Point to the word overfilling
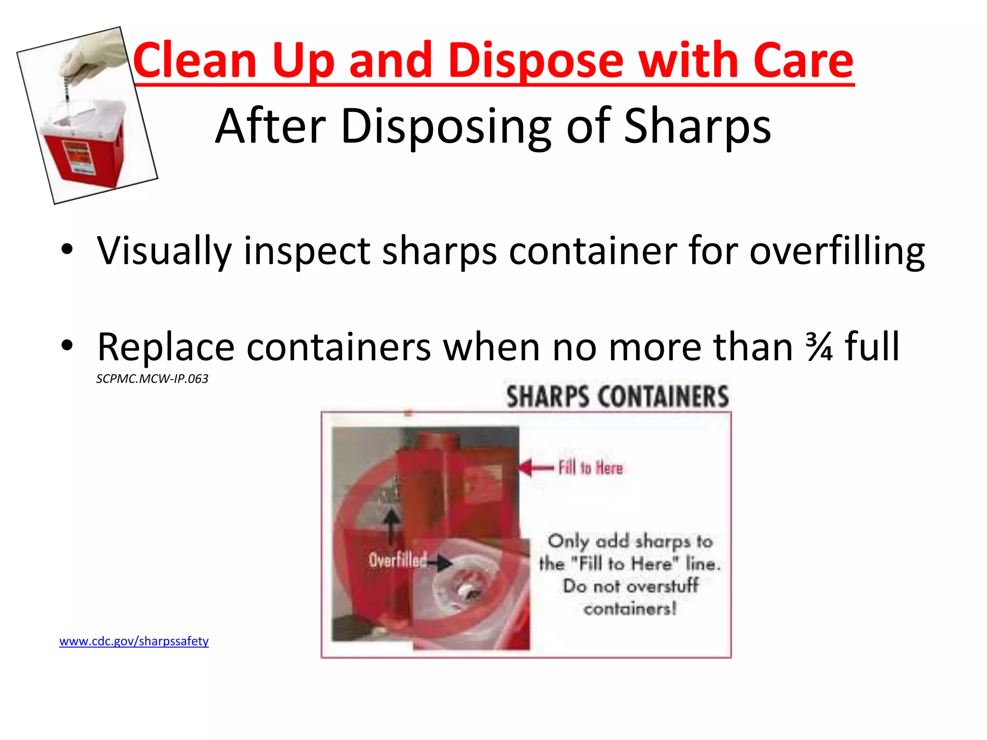tap(837, 251)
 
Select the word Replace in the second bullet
tap(166, 348)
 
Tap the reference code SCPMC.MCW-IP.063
tap(152, 379)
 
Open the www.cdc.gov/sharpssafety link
tap(134, 641)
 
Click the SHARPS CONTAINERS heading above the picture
tap(617, 397)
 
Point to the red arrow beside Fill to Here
tap(535, 467)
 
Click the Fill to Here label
tap(590, 468)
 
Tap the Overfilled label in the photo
tap(398, 560)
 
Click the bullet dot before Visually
tap(67, 250)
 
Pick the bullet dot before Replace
tap(67, 346)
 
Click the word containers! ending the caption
tap(630, 609)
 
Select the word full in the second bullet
tap(872, 347)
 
